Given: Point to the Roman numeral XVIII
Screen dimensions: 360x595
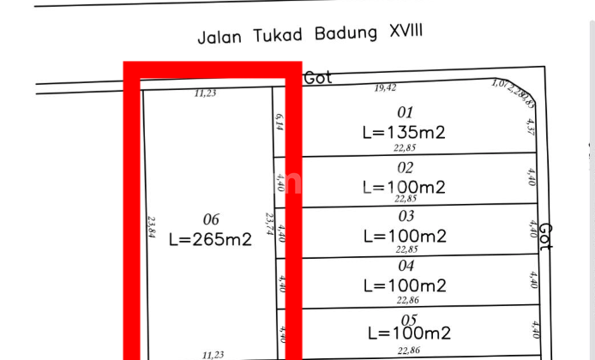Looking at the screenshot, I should point(405,32).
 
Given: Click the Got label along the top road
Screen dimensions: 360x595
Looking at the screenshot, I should point(318,78).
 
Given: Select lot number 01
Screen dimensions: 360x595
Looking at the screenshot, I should point(406,111).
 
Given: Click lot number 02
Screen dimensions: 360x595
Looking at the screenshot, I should point(406,167).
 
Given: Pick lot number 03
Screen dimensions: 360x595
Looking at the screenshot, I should point(406,216).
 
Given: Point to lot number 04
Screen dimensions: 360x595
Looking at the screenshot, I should point(406,266).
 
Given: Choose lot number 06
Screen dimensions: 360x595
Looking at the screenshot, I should point(211,219).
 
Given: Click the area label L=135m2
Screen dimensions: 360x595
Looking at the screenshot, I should point(405,132).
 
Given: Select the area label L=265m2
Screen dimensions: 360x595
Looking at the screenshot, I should point(211,240).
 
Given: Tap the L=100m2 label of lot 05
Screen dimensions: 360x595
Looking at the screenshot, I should point(409,333).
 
